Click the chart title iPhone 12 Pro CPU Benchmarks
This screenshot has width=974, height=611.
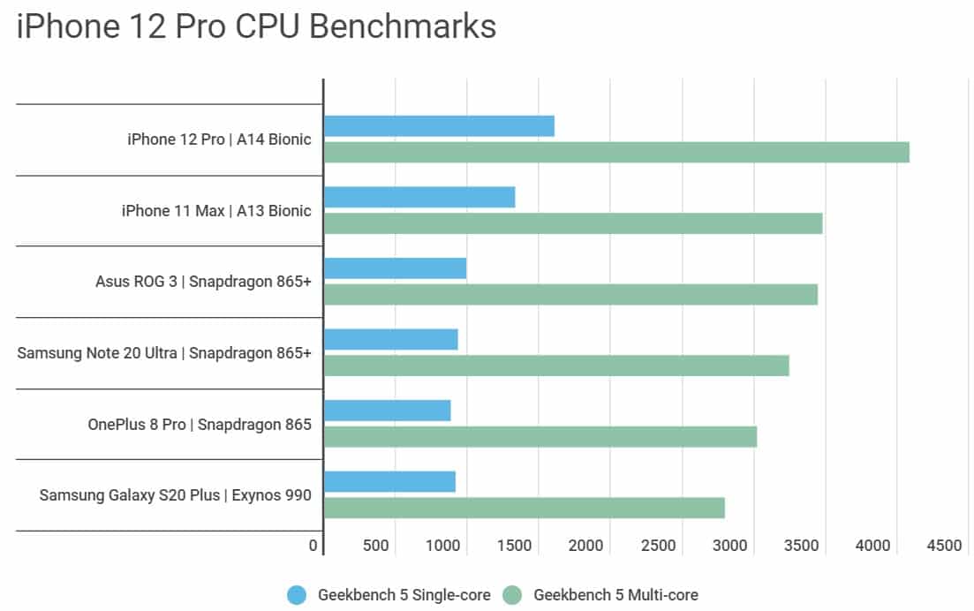pyautogui.click(x=256, y=27)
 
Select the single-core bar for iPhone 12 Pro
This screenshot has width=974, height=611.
pyautogui.click(x=439, y=126)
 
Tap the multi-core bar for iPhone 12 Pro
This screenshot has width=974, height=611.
pyautogui.click(x=616, y=153)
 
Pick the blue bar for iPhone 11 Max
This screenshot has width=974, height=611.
pyautogui.click(x=419, y=197)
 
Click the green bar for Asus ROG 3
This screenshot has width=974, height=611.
pyautogui.click(x=570, y=294)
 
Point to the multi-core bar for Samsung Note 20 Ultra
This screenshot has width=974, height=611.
pyautogui.click(x=556, y=366)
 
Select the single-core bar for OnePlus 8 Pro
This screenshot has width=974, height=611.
pyautogui.click(x=388, y=411)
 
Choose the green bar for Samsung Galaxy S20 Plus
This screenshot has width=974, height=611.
pyautogui.click(x=525, y=508)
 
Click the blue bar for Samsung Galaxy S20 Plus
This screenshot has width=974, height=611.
pyautogui.click(x=389, y=481)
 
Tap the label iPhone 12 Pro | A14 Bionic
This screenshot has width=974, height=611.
pyautogui.click(x=219, y=140)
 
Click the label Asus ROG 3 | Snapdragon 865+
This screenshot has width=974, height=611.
pyautogui.click(x=203, y=282)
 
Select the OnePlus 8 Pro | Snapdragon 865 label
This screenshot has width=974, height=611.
pyautogui.click(x=200, y=424)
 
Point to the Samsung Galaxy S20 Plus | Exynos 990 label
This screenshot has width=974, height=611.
pyautogui.click(x=175, y=494)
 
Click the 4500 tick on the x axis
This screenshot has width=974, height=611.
pyautogui.click(x=944, y=547)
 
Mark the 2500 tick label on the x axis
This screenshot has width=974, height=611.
pyautogui.click(x=659, y=547)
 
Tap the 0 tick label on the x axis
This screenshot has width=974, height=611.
pyautogui.click(x=313, y=547)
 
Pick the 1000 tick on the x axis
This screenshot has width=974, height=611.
pyautogui.click(x=445, y=547)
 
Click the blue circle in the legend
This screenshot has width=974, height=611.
pyautogui.click(x=298, y=595)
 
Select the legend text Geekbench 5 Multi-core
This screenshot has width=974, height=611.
pyautogui.click(x=615, y=595)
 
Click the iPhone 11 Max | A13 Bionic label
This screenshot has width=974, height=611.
pyautogui.click(x=216, y=211)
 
